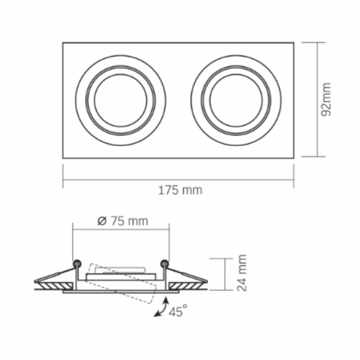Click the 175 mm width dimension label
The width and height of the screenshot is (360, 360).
[180, 190]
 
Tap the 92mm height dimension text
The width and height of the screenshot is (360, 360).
[327, 99]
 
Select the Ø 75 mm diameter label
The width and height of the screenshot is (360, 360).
[121, 221]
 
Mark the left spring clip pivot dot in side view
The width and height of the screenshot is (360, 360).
[76, 262]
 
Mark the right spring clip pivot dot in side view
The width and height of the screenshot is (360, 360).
[166, 262]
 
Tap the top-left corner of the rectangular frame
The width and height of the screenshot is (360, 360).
[63, 42]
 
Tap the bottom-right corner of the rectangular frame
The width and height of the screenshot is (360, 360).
[295, 156]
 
